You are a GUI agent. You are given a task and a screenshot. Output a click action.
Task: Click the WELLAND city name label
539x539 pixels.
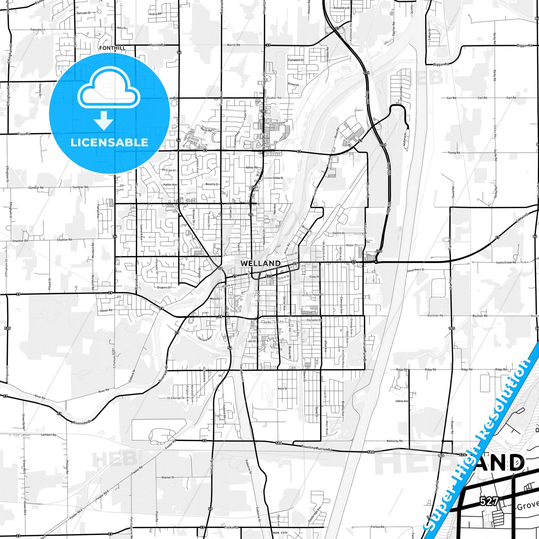260,263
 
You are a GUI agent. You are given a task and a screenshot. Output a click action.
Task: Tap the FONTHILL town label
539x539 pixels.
112,48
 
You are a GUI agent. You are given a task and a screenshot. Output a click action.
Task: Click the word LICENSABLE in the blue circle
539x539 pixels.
109,142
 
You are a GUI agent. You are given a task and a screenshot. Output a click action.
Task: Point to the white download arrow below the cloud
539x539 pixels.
103,120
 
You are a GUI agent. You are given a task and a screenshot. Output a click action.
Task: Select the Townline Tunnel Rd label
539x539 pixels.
316,448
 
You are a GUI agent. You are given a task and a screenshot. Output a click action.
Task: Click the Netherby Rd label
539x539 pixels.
395,441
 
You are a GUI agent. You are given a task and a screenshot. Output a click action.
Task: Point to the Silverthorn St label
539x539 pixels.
415,270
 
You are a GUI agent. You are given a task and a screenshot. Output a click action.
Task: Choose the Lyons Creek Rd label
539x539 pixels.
506,263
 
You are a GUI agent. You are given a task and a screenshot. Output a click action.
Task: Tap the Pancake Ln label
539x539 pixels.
37,29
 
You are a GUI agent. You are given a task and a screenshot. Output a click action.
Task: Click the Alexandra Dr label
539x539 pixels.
342,8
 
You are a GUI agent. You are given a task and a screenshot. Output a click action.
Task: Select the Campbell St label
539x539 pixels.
295,60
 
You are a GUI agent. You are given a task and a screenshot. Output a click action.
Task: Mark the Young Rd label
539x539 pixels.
454,153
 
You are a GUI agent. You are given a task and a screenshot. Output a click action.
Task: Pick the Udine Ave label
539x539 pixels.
402,401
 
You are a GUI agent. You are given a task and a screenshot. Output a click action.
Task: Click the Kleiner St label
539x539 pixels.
168,477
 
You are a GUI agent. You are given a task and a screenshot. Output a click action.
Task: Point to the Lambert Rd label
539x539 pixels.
48,435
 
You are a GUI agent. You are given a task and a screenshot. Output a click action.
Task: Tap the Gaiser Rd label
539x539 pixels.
106,310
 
